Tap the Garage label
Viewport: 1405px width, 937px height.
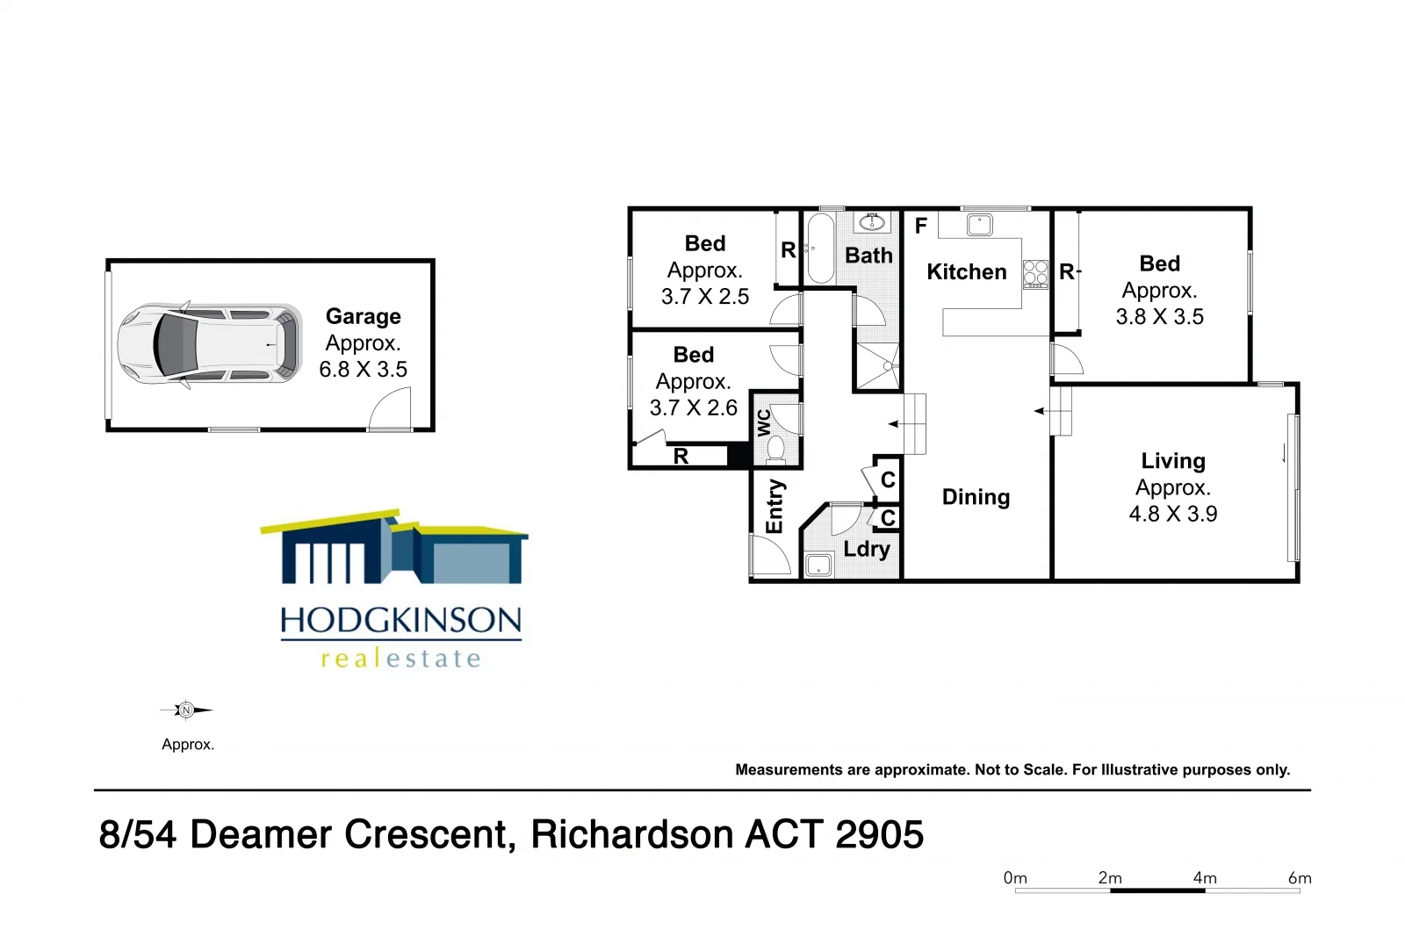pyautogui.click(x=363, y=316)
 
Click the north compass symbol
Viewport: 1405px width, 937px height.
pyautogui.click(x=185, y=710)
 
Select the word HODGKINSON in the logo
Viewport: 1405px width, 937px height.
pyautogui.click(x=400, y=621)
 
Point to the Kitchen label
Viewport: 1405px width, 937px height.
pyautogui.click(x=966, y=272)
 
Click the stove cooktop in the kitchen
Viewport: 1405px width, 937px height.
pyautogui.click(x=1035, y=274)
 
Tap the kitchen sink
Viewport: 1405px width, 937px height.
pyautogui.click(x=979, y=225)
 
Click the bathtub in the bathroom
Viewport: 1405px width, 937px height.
pyautogui.click(x=820, y=248)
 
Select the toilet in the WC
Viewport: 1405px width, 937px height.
pyautogui.click(x=775, y=449)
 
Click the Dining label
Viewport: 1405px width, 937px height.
pyautogui.click(x=976, y=497)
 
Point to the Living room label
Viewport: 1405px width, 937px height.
pyautogui.click(x=1173, y=461)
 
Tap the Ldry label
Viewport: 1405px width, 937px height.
pyautogui.click(x=867, y=550)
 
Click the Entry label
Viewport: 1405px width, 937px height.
pyautogui.click(x=775, y=507)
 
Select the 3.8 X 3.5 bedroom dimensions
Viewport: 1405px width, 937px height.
pyautogui.click(x=1159, y=317)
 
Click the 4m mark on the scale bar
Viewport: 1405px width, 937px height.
pyautogui.click(x=1205, y=878)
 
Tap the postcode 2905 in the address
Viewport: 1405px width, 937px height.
pyautogui.click(x=880, y=834)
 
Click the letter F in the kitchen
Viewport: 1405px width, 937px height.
pyautogui.click(x=920, y=227)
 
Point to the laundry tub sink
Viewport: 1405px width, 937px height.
pyautogui.click(x=818, y=566)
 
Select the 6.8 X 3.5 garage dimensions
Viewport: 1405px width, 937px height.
pyautogui.click(x=363, y=370)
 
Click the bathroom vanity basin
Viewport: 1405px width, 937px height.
pyautogui.click(x=872, y=222)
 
